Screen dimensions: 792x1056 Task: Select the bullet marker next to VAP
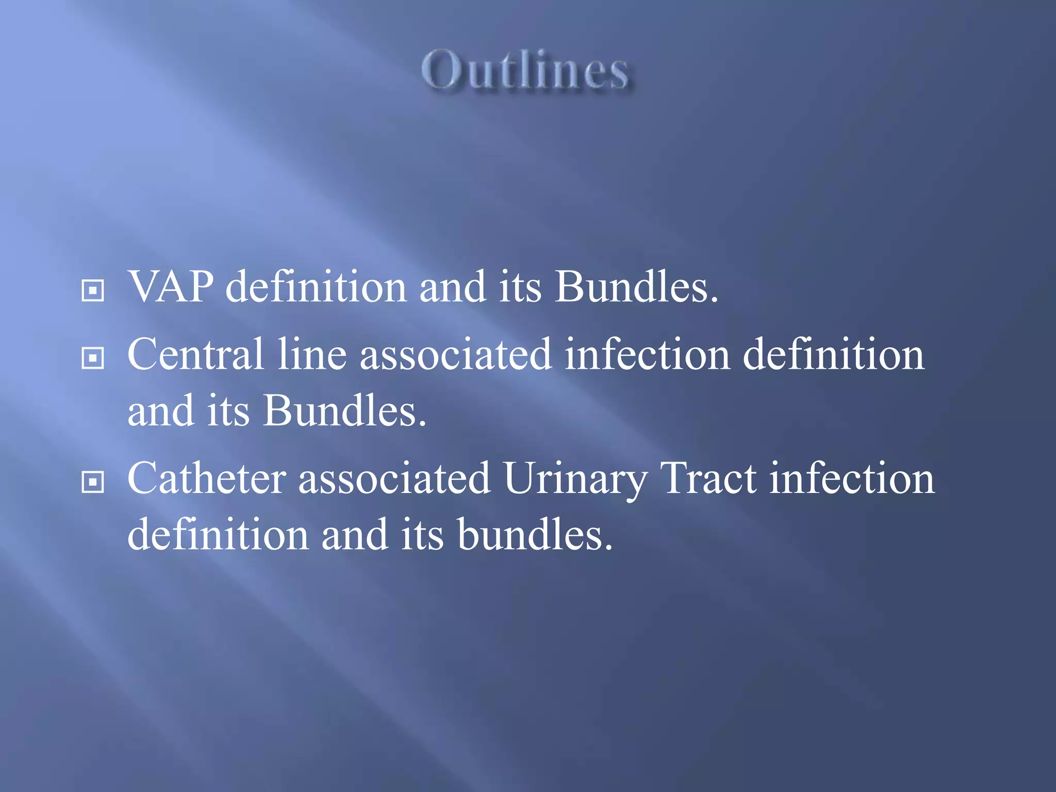pyautogui.click(x=93, y=290)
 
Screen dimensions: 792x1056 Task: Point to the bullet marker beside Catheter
pyautogui.click(x=93, y=482)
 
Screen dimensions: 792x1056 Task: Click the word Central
pyautogui.click(x=195, y=354)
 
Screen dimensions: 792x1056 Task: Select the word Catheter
pyautogui.click(x=206, y=478)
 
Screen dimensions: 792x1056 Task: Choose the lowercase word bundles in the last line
pyautogui.click(x=535, y=535)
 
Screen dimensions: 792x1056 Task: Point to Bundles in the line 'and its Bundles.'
pyautogui.click(x=344, y=411)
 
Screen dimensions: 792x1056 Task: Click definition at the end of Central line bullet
pyautogui.click(x=833, y=354)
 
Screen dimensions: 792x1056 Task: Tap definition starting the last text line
pyautogui.click(x=218, y=535)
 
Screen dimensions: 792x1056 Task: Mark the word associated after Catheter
pyautogui.click(x=394, y=478)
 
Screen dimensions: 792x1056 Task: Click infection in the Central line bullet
pyautogui.click(x=647, y=354)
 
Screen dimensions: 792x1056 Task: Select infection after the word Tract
pyautogui.click(x=851, y=478)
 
